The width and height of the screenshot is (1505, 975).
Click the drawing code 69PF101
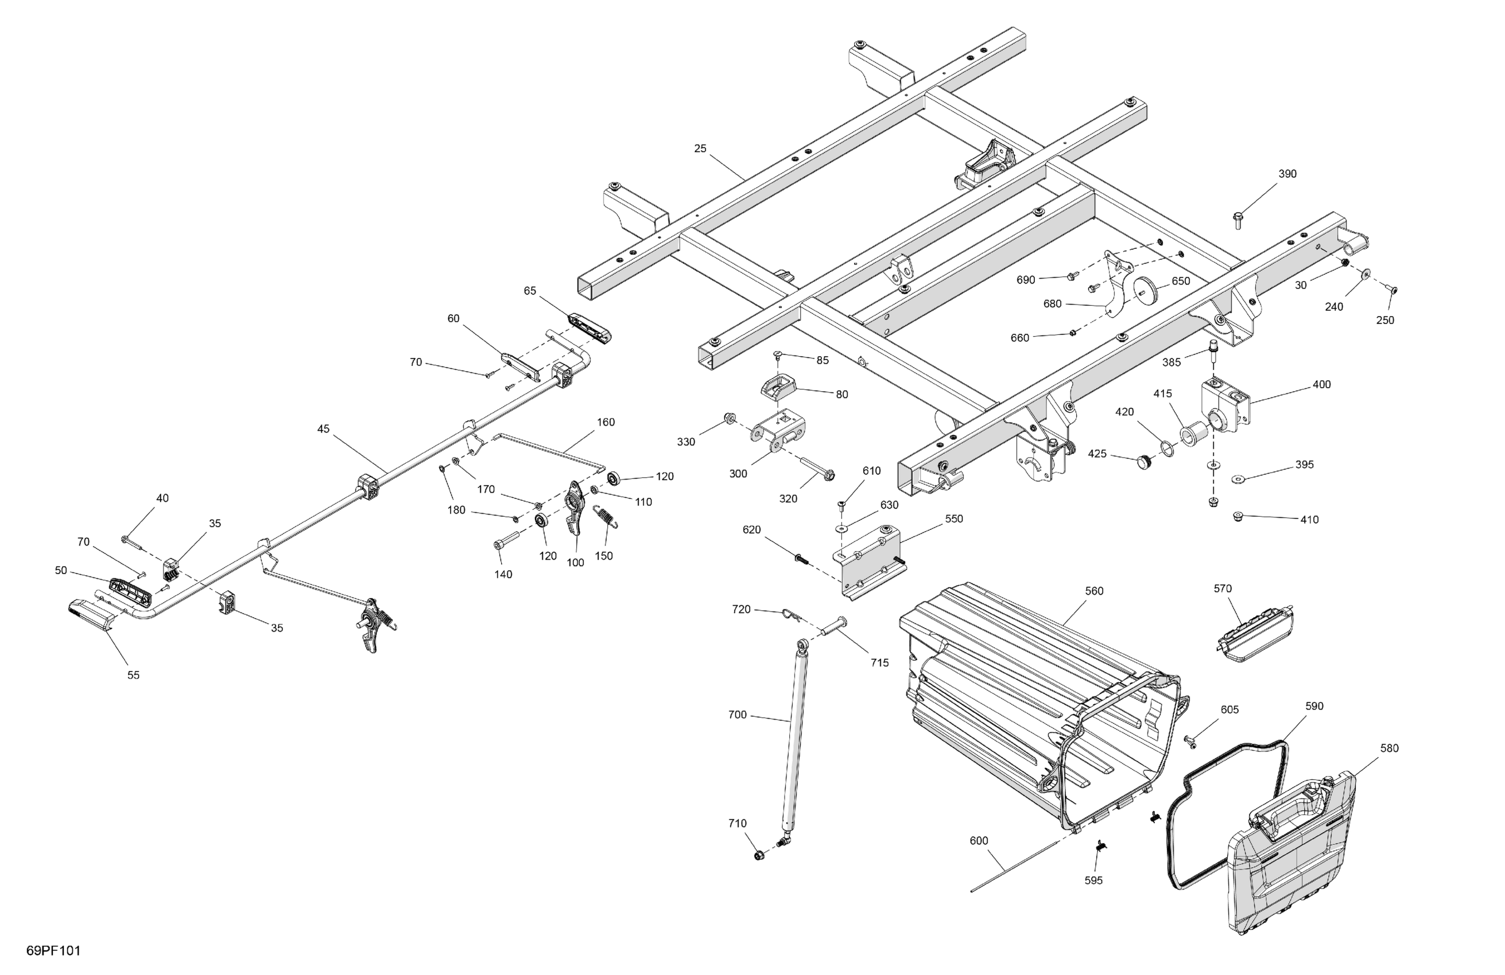(x=54, y=951)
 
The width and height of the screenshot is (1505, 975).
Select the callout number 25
(x=700, y=149)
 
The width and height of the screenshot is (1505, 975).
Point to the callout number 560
(x=1094, y=591)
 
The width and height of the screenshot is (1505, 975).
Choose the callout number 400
(x=1322, y=385)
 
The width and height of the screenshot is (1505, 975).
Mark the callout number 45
(x=323, y=429)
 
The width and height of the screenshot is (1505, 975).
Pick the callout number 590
(x=1314, y=707)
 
